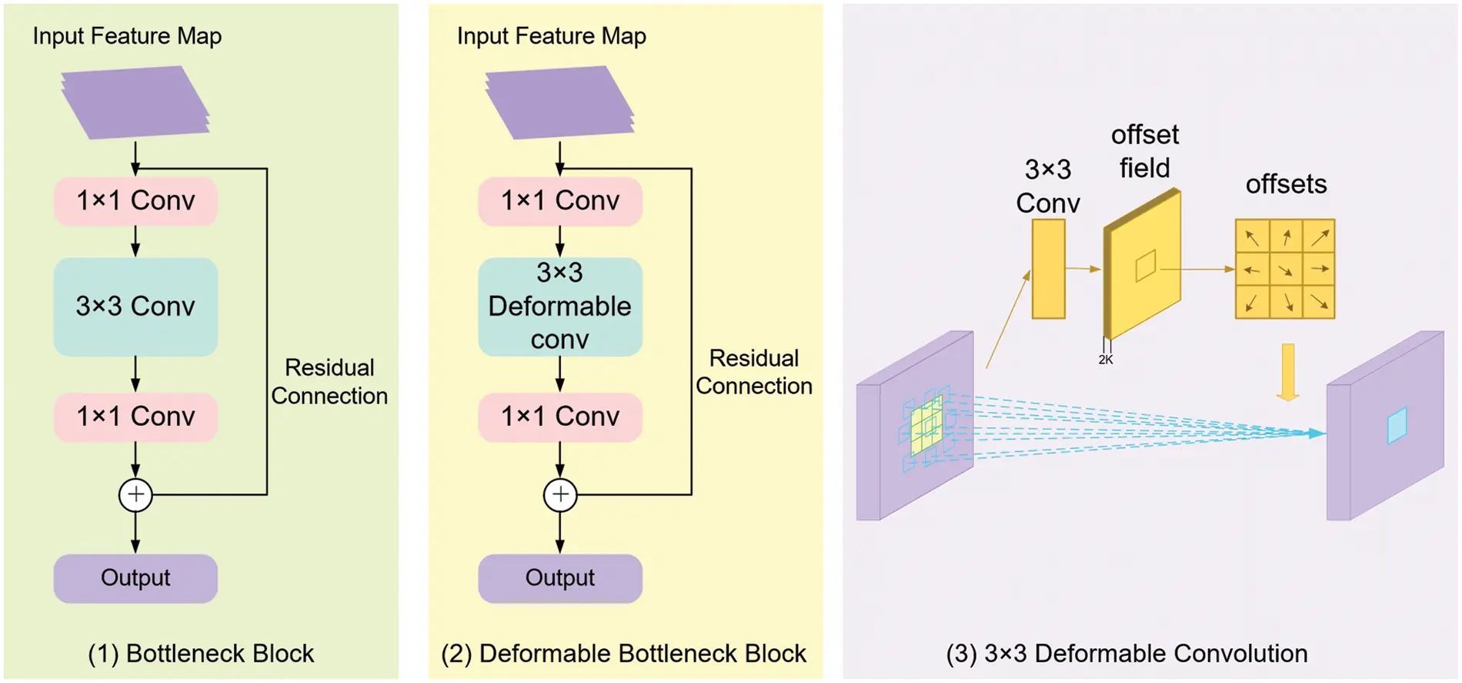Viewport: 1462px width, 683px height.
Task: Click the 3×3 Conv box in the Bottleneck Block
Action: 135,306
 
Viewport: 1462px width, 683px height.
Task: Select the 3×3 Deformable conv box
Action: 559,306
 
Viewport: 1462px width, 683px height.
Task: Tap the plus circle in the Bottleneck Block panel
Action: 135,494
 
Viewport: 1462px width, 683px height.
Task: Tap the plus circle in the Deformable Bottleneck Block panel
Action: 559,494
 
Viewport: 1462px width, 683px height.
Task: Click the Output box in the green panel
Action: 135,578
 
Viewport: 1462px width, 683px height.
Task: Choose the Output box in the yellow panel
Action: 559,578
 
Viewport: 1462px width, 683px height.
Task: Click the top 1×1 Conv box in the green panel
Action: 135,201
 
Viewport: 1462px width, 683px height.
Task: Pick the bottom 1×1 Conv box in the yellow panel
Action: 559,417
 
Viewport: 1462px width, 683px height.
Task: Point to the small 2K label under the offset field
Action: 1106,360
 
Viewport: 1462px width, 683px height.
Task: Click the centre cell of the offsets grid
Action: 1285,270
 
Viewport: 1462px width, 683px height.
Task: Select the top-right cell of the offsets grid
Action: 1319,236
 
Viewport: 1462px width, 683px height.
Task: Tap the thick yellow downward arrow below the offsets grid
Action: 1288,372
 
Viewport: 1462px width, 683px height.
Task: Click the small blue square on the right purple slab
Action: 1397,425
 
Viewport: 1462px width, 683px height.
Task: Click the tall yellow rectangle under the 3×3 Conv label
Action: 1048,269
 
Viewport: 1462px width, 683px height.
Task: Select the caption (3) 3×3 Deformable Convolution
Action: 1127,654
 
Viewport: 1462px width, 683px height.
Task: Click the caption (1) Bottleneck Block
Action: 201,654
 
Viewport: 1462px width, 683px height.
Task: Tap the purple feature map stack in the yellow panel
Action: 559,102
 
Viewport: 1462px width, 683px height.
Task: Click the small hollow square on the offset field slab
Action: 1146,266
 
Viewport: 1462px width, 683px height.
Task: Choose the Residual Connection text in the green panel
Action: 329,382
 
